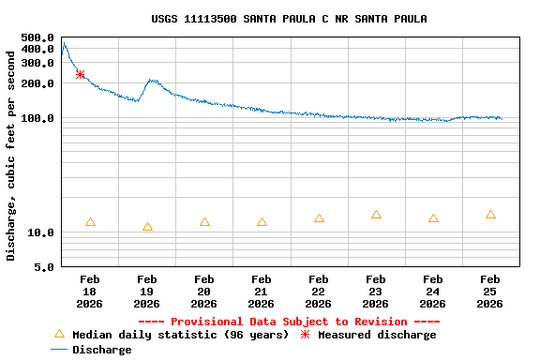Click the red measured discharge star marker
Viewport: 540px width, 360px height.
click(x=80, y=74)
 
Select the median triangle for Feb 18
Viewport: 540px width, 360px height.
click(x=90, y=222)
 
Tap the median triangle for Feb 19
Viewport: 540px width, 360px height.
click(x=147, y=227)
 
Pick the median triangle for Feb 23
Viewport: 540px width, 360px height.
click(x=376, y=215)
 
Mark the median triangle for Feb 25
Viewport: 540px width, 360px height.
click(x=490, y=215)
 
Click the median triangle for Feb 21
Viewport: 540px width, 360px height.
click(x=262, y=222)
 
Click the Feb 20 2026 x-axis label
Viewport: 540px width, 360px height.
click(x=204, y=291)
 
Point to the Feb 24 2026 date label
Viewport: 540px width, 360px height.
click(x=433, y=291)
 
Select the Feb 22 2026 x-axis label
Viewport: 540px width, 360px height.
click(x=319, y=291)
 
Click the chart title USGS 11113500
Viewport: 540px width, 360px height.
click(x=289, y=19)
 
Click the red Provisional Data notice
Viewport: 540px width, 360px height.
click(x=289, y=322)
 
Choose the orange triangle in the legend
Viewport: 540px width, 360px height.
click(x=59, y=334)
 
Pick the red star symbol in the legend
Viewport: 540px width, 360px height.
click(x=305, y=335)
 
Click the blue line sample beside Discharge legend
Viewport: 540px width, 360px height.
click(x=59, y=350)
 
